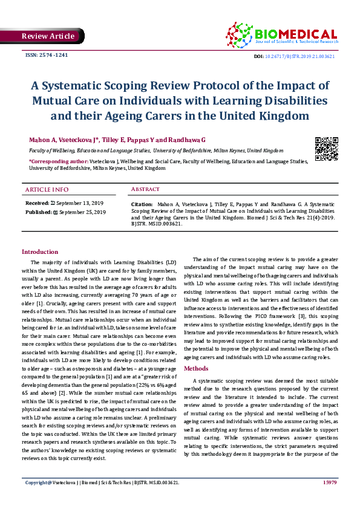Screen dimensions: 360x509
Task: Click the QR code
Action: [x=326, y=149]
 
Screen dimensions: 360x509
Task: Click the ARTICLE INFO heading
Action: [x=47, y=190]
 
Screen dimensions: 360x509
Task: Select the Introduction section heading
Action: [x=40, y=251]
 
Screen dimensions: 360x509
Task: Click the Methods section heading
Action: [x=196, y=368]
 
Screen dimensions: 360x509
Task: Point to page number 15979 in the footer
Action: [x=330, y=499]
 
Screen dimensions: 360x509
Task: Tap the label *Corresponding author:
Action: [x=58, y=161]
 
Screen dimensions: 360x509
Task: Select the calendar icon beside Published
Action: [x=56, y=212]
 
